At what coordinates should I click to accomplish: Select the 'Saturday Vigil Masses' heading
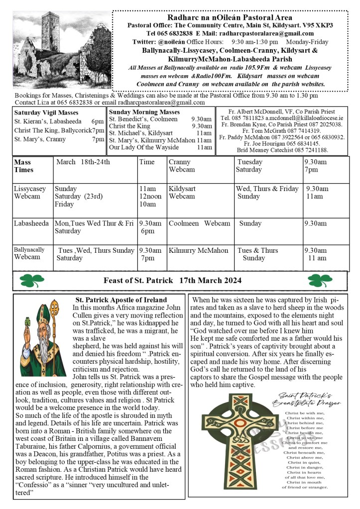tap(46, 112)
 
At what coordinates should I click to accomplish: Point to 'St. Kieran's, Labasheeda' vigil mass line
tap(59, 121)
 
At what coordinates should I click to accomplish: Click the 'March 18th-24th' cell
tap(83, 162)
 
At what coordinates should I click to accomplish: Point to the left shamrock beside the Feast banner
tap(32, 281)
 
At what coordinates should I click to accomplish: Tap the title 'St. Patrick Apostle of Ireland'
tap(121, 300)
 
